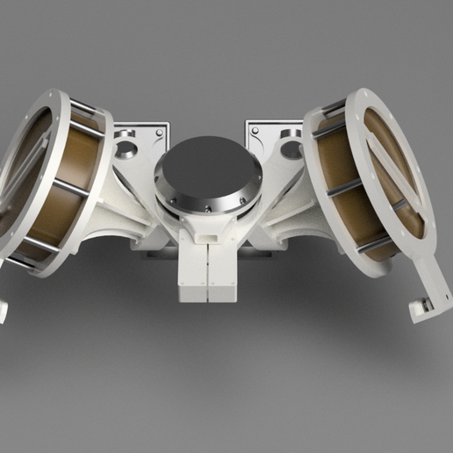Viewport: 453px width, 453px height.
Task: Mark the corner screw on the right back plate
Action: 255,126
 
